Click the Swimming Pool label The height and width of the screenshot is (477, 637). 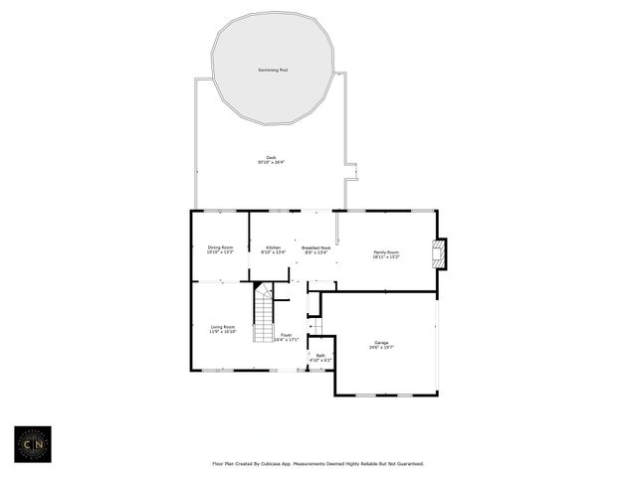[271, 70]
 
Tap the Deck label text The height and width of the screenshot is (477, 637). [270, 157]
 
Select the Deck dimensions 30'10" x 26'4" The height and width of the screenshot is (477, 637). [271, 162]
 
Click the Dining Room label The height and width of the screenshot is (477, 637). [220, 246]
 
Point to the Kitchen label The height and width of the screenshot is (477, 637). [273, 246]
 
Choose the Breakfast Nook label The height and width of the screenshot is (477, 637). [317, 246]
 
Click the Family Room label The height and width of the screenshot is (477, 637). [386, 252]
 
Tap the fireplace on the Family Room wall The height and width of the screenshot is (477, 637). [442, 253]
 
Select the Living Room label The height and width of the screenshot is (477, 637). [222, 326]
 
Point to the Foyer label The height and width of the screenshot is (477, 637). [287, 335]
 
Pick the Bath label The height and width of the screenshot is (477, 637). [320, 355]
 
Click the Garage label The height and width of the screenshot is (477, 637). [382, 342]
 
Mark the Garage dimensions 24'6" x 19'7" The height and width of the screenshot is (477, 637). [382, 347]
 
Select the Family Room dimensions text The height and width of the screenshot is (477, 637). [386, 257]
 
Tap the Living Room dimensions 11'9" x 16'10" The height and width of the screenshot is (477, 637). [222, 331]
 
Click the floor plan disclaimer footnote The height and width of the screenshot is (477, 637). [318, 463]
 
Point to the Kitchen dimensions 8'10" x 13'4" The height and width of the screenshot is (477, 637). [273, 251]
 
